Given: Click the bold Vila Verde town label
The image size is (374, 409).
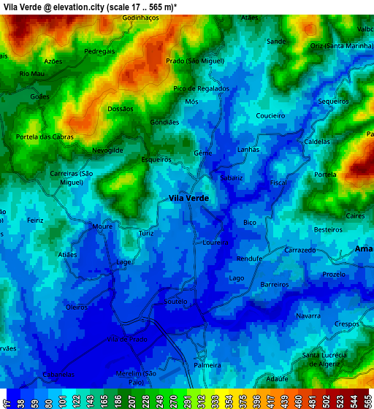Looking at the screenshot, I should [x=188, y=198].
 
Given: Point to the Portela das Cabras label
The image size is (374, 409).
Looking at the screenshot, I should [x=45, y=137].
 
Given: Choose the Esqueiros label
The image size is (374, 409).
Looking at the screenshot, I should [x=156, y=158].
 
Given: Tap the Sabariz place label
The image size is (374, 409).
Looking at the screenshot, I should [x=231, y=177].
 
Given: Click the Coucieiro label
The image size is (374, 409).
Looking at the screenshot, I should [x=270, y=115].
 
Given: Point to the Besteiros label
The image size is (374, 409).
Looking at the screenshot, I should [x=327, y=229].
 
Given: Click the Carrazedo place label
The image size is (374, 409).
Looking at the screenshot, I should [x=300, y=249].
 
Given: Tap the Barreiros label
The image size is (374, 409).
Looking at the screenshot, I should [x=275, y=284].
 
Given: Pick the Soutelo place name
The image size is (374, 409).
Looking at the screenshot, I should [x=176, y=301].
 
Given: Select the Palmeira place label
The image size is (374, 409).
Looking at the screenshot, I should [x=207, y=364].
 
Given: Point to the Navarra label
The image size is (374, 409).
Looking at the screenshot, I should [x=308, y=316].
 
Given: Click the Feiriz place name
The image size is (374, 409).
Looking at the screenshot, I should [x=35, y=220].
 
